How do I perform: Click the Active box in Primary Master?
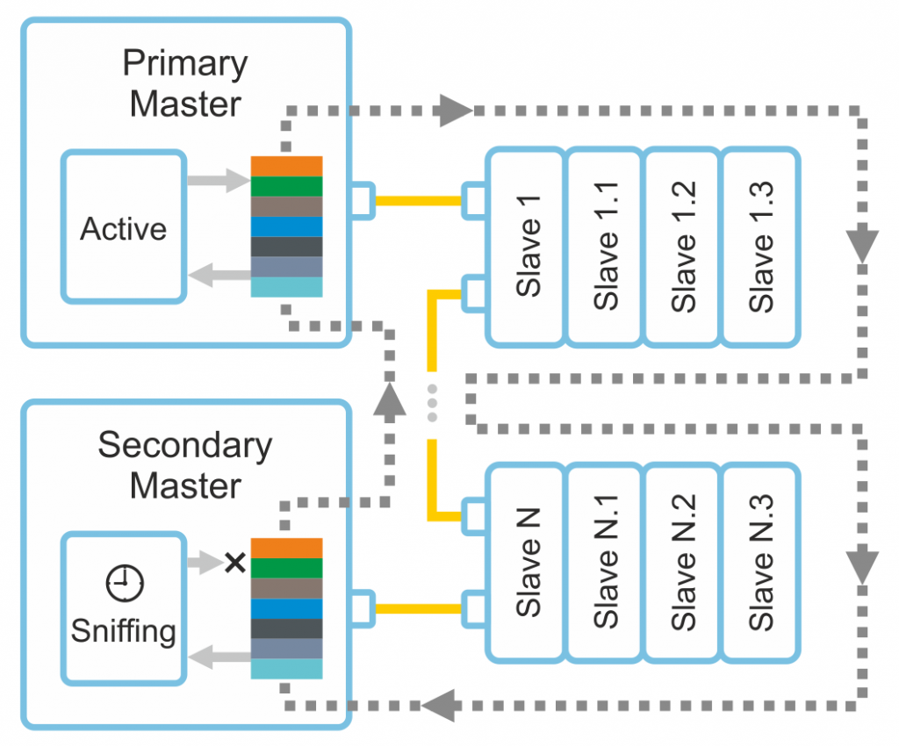pyautogui.click(x=124, y=226)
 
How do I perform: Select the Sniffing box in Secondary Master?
pyautogui.click(x=124, y=608)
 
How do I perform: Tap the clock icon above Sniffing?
pyautogui.click(x=125, y=583)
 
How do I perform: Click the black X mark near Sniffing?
pyautogui.click(x=235, y=563)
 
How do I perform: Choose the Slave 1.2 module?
pyautogui.click(x=682, y=247)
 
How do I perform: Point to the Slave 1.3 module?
pyautogui.click(x=761, y=247)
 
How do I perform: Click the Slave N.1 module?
pyautogui.click(x=605, y=563)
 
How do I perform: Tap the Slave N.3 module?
pyautogui.click(x=761, y=563)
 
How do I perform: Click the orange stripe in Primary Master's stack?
pyautogui.click(x=287, y=166)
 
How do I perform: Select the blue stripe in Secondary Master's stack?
pyautogui.click(x=287, y=609)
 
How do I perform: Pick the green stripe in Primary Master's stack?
pyautogui.click(x=287, y=186)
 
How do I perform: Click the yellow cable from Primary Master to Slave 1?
pyautogui.click(x=419, y=201)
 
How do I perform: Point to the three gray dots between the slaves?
pyautogui.click(x=432, y=403)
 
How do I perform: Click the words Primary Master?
pyautogui.click(x=185, y=83)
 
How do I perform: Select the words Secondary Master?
pyautogui.click(x=185, y=465)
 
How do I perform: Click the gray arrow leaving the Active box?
pyautogui.click(x=219, y=180)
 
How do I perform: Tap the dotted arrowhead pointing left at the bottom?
pyautogui.click(x=439, y=705)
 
